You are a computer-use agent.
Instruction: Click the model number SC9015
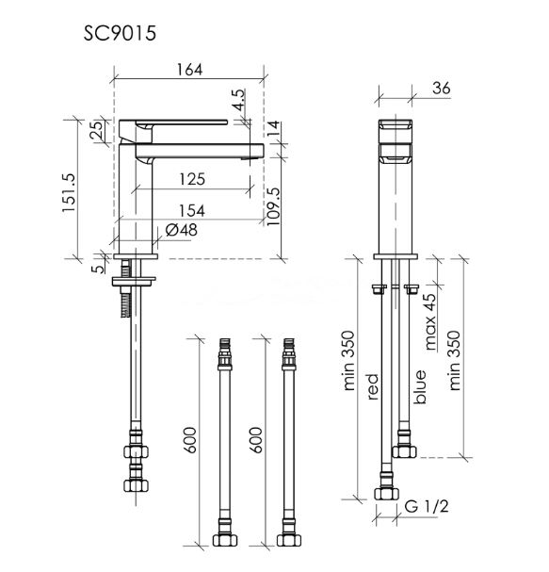pos(120,33)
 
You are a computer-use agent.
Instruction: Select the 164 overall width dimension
pos(189,70)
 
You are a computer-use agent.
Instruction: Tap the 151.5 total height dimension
pos(69,192)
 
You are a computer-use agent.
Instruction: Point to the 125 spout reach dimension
pos(192,179)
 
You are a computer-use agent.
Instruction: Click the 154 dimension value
pos(192,211)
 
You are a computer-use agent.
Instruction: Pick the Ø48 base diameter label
pos(181,230)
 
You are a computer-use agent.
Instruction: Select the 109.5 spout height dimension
pos(273,206)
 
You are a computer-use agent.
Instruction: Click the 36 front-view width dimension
pos(441,88)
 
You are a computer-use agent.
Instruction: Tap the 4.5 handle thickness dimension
pos(238,99)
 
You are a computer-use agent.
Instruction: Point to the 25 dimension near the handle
pos(96,130)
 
